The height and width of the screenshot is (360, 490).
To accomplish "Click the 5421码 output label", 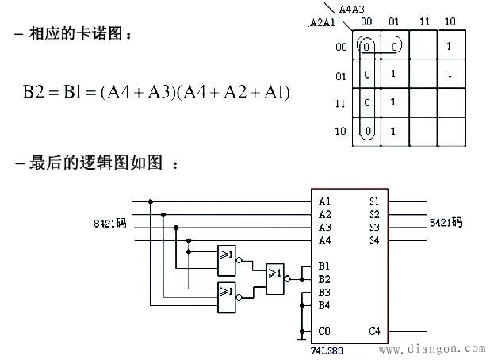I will tap(446, 223).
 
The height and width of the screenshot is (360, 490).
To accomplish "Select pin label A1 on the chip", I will tap(324, 201).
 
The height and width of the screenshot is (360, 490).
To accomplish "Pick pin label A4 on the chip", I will tap(324, 240).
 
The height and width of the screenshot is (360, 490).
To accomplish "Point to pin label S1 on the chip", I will tap(373, 201).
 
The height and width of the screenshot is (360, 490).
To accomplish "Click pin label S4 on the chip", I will tap(373, 240).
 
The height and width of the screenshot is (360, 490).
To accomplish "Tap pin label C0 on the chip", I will tap(324, 331).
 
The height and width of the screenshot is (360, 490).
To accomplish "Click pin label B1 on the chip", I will tap(324, 266).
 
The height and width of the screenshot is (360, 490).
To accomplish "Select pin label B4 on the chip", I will tap(324, 304).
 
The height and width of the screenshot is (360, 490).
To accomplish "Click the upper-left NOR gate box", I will tap(227, 255).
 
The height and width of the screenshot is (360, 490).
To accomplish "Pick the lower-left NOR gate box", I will tap(227, 292).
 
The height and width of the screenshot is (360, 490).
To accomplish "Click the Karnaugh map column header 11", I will tap(423, 21).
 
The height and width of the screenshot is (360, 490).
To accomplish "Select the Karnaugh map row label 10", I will tap(341, 131).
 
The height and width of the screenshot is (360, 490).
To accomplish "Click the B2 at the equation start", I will tap(35, 93).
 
